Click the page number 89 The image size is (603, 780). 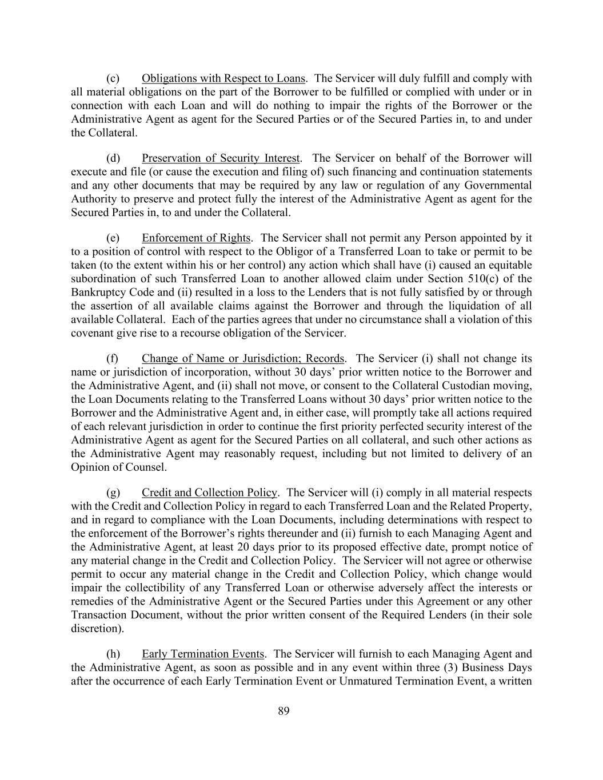(283, 711)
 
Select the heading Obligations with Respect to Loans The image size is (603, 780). (223, 78)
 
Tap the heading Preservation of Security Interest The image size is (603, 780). (221, 158)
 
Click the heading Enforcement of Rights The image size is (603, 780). (196, 238)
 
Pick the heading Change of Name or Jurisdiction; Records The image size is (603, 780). (243, 359)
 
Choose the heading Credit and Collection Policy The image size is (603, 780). (209, 493)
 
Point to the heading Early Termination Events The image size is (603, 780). (203, 654)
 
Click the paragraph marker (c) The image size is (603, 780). (113, 78)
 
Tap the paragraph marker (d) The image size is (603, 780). (113, 158)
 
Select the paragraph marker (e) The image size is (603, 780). (113, 238)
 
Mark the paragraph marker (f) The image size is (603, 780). (112, 359)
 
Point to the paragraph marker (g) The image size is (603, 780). (113, 493)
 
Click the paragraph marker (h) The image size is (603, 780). (113, 654)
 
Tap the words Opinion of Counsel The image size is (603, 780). (118, 467)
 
